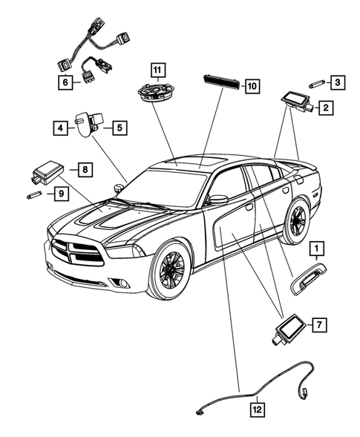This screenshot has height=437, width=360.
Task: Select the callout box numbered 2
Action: click(326, 108)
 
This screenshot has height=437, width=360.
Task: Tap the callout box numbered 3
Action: click(338, 82)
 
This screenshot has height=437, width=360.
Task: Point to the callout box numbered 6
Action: click(65, 82)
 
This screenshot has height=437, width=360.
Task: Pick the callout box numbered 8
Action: click(85, 169)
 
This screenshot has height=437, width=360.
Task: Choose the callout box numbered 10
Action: click(252, 86)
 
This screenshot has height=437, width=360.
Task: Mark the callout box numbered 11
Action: click(158, 70)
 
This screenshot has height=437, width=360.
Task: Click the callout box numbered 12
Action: click(257, 410)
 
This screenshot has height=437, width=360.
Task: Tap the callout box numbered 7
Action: click(320, 324)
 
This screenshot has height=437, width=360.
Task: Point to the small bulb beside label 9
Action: click(34, 194)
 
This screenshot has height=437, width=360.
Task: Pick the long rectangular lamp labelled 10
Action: click(222, 81)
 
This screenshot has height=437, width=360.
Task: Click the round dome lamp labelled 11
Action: click(157, 92)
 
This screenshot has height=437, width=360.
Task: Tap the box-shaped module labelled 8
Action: click(47, 172)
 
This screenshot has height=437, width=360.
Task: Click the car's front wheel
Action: click(171, 270)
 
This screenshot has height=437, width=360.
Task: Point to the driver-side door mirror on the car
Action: click(218, 200)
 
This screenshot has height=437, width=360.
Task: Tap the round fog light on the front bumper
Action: click(122, 283)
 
